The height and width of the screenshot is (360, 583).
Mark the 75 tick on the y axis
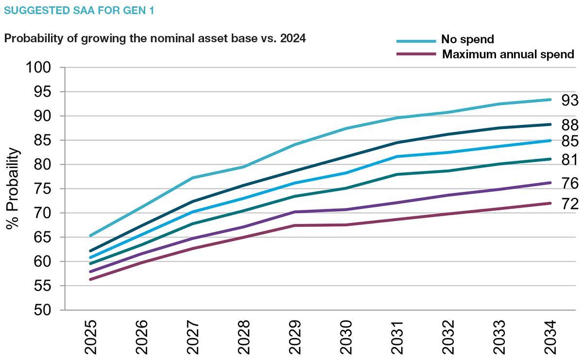[44, 189]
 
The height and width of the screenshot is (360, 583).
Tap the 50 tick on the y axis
[44, 310]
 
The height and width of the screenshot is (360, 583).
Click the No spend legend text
[467, 39]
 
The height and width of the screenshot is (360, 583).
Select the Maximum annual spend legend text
[508, 54]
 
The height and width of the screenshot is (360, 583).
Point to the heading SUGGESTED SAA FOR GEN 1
[79, 10]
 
